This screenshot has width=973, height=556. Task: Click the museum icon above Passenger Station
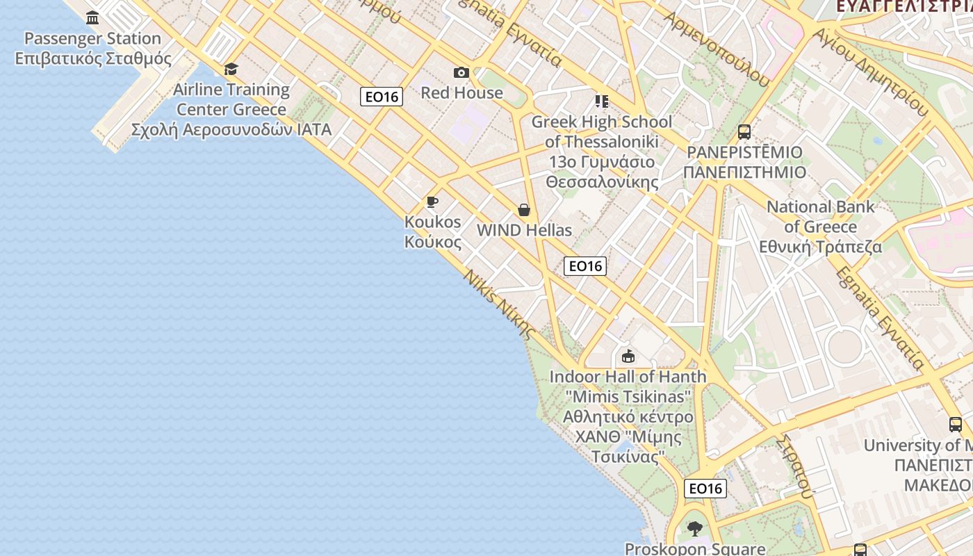point(92,17)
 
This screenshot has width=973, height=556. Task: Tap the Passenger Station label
point(92,48)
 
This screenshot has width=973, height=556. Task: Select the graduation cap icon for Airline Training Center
point(231,69)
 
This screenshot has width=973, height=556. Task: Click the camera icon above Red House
point(461,73)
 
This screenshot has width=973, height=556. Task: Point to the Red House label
point(461,92)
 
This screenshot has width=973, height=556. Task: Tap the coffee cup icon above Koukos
point(432,202)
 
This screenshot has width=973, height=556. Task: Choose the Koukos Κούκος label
point(432,231)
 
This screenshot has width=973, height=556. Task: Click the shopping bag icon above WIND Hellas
point(524,210)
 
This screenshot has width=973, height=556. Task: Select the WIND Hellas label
point(524,230)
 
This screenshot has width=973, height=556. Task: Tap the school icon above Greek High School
point(602,101)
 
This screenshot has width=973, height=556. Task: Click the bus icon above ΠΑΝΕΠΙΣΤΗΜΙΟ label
point(744,132)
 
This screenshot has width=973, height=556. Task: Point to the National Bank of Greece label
point(820,227)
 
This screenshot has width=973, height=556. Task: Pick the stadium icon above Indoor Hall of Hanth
point(628,357)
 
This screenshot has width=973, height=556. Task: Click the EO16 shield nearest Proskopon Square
point(705,489)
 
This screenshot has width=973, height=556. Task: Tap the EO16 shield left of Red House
point(382,97)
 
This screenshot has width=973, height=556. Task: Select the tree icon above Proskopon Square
point(694,529)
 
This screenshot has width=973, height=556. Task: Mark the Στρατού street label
point(796,467)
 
